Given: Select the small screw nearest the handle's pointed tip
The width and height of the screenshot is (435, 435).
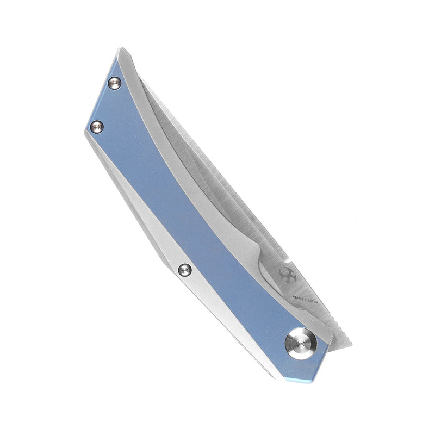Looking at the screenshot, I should pyautogui.click(x=114, y=83).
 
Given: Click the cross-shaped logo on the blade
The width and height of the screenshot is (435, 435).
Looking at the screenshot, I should pyautogui.click(x=286, y=274).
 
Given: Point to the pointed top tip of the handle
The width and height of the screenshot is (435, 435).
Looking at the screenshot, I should pyautogui.click(x=119, y=50).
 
